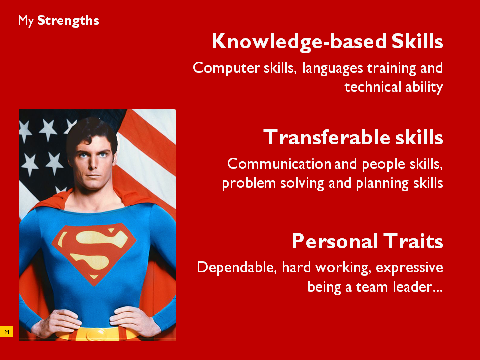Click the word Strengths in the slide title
coord(68,21)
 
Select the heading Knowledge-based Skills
coord(327,42)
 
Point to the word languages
coord(333,68)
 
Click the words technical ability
coord(394,87)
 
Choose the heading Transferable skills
coord(353,137)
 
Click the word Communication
coord(279,164)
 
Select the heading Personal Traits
coord(367,241)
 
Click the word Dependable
coord(237,267)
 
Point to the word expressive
coord(409,268)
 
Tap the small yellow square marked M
coord(6,332)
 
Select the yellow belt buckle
coord(98,334)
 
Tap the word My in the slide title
coord(25,21)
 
